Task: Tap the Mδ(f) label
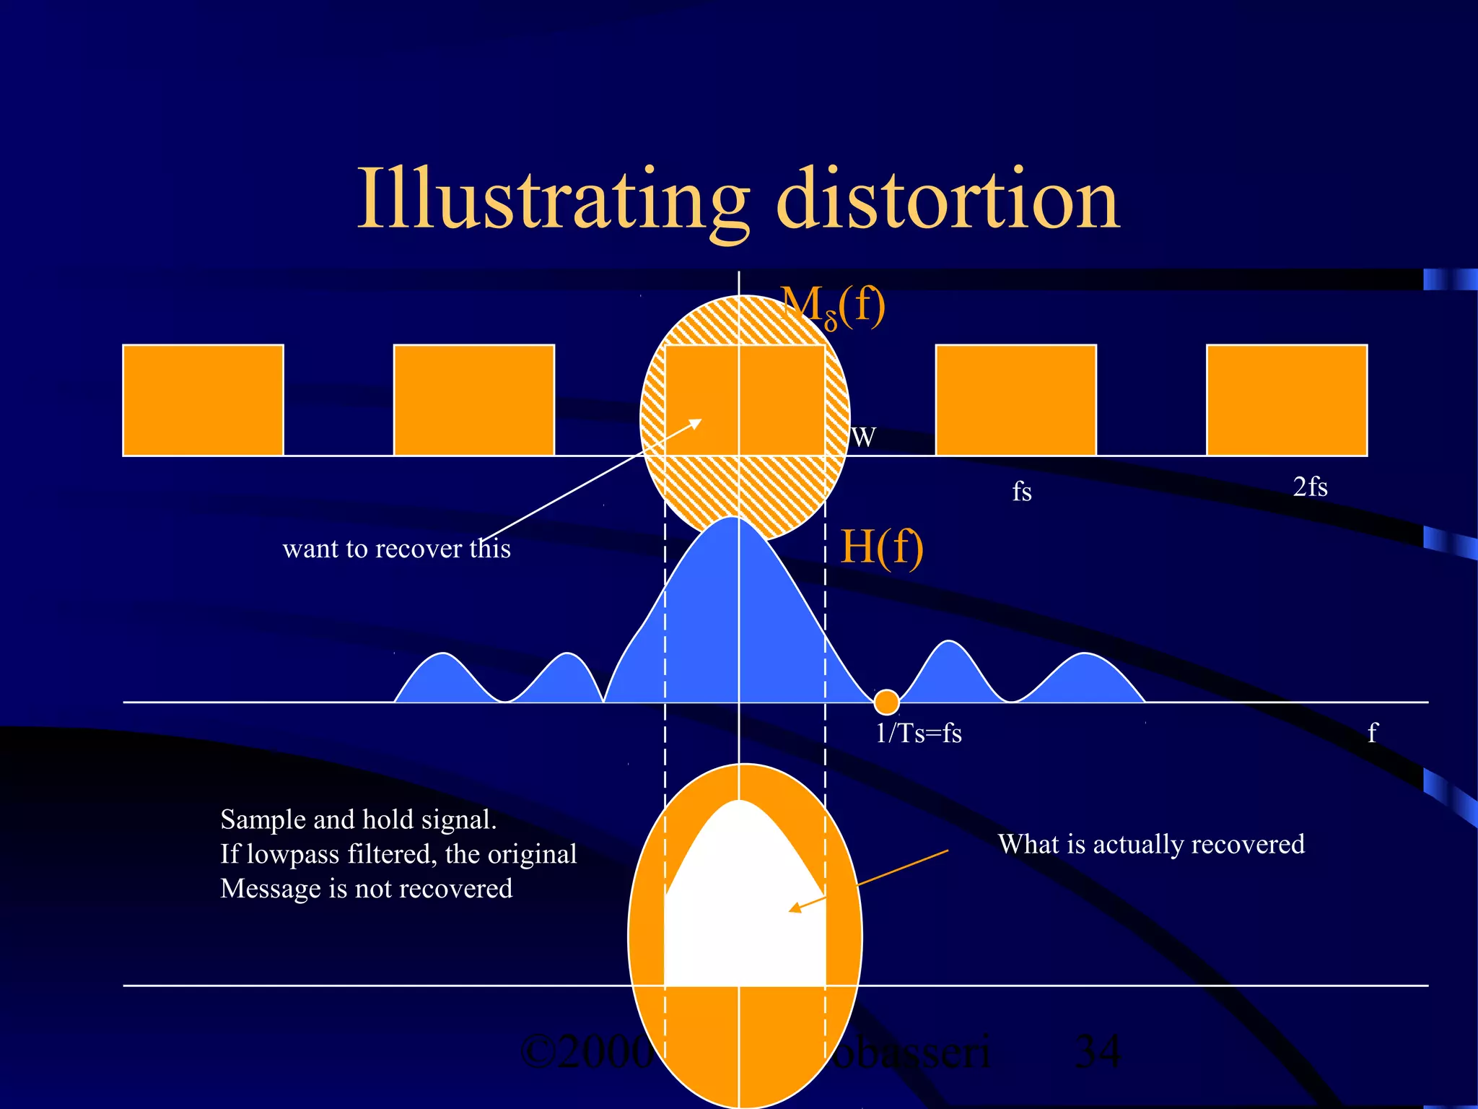point(833,306)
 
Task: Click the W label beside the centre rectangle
point(863,438)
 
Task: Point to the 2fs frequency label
point(1310,487)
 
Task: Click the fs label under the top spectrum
point(1021,492)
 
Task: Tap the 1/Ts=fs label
point(918,734)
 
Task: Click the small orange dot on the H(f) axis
point(886,701)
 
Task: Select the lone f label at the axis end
point(1372,733)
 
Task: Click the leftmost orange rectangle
point(203,400)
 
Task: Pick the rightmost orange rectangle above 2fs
point(1287,400)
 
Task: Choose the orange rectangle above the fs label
point(1015,400)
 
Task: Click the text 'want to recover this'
point(396,549)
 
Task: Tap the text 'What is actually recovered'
point(1151,844)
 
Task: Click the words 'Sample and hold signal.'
point(358,819)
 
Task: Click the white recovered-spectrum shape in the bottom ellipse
point(743,910)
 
